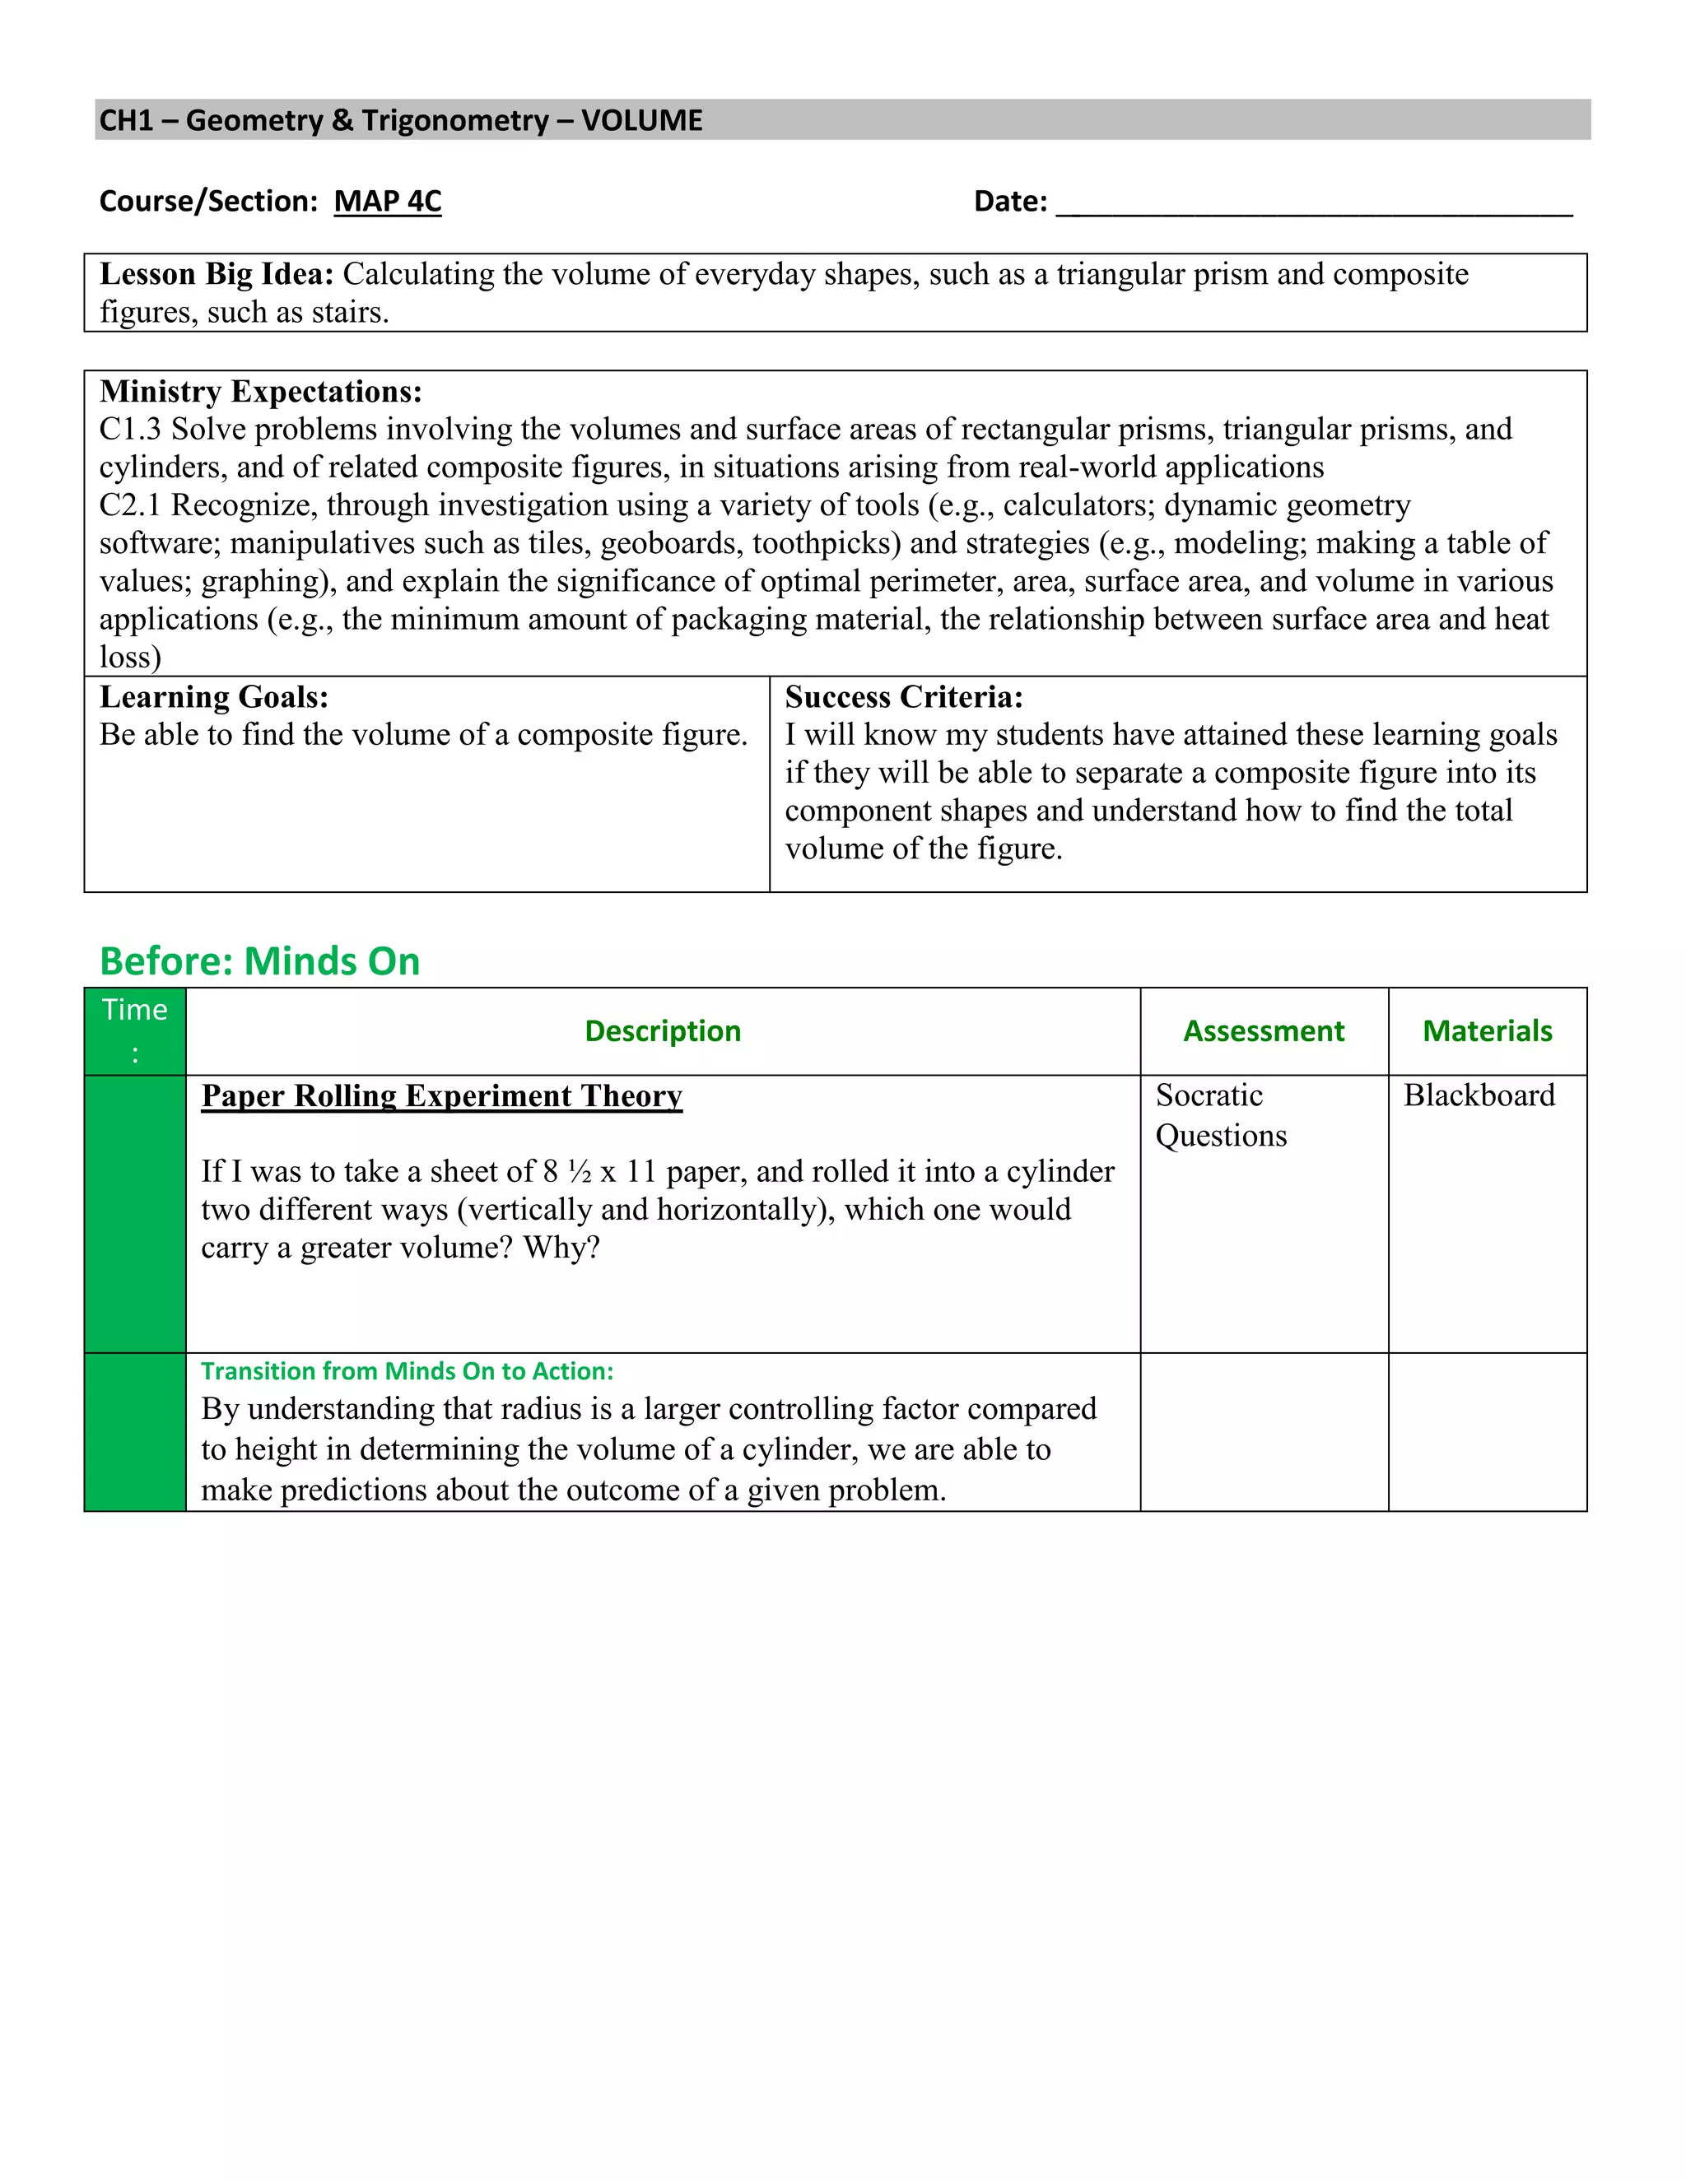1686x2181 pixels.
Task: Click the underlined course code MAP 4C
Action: click(x=387, y=201)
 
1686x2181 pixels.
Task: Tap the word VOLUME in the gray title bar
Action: click(x=641, y=121)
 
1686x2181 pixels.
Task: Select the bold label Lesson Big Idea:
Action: click(x=217, y=273)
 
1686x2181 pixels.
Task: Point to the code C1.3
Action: click(x=130, y=430)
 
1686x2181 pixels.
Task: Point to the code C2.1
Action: click(x=130, y=505)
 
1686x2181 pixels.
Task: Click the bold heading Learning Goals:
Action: click(x=214, y=697)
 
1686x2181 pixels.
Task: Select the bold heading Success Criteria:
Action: click(x=903, y=697)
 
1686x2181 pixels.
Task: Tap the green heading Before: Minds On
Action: click(x=259, y=960)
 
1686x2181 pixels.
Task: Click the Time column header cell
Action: click(x=135, y=1030)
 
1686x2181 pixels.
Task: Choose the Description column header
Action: click(x=662, y=1030)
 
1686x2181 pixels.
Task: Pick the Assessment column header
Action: click(x=1264, y=1030)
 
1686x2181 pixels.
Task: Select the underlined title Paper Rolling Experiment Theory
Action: click(x=441, y=1095)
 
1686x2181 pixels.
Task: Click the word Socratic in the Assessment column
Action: click(x=1209, y=1095)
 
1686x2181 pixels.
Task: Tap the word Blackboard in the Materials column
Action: click(x=1479, y=1095)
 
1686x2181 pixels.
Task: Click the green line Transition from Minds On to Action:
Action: click(x=407, y=1371)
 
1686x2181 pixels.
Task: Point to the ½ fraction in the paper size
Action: click(x=580, y=1171)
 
